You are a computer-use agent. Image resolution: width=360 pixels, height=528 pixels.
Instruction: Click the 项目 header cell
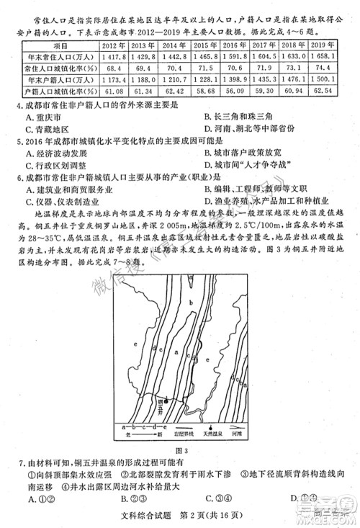coord(60,44)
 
